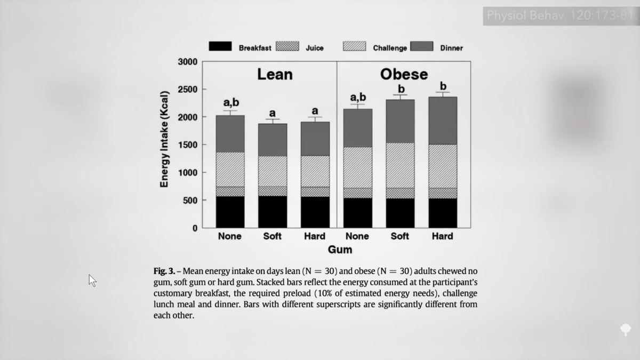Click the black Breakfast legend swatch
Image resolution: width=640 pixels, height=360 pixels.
220,46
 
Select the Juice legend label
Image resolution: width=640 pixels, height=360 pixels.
314,47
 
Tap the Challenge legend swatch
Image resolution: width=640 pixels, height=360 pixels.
354,46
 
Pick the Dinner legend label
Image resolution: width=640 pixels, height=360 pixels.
451,47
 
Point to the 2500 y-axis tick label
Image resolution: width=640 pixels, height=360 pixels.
187,89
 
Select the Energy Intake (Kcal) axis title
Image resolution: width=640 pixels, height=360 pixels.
164,139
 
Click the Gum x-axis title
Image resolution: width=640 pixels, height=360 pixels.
340,249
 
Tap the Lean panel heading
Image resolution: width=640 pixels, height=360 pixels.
275,74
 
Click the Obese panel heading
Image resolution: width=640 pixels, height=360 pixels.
404,74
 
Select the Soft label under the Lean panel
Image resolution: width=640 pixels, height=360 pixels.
272,236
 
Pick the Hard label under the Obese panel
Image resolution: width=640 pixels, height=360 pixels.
442,236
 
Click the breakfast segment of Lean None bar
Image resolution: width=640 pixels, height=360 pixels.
230,212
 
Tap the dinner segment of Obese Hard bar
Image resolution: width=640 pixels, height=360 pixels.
442,121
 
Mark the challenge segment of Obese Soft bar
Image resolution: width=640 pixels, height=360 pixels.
400,165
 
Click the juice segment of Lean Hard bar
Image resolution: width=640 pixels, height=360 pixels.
315,191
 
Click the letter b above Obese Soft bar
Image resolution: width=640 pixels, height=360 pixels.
401,89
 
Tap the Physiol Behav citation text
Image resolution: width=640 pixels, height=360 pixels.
560,15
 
